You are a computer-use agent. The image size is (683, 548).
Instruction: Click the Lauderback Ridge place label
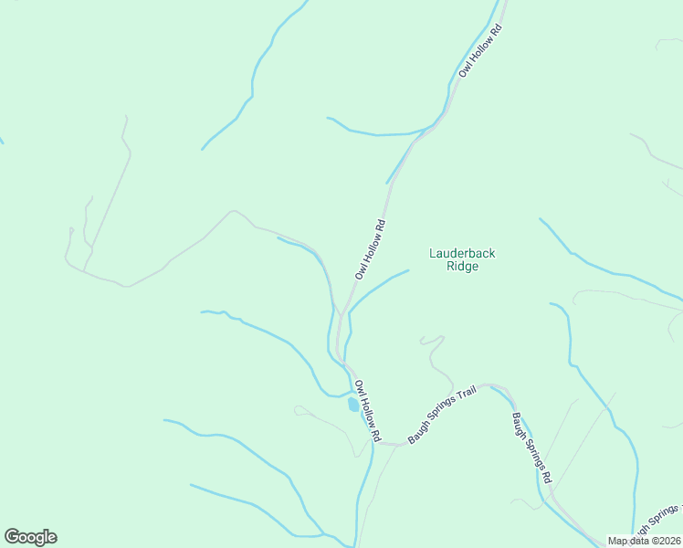(x=462, y=259)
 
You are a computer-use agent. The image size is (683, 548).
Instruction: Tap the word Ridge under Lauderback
(x=462, y=266)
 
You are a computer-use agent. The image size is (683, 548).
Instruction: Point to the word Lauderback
(x=462, y=253)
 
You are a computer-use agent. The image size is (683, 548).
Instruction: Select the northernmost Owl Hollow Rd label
(x=481, y=49)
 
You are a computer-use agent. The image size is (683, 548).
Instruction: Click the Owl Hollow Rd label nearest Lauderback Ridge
(x=371, y=249)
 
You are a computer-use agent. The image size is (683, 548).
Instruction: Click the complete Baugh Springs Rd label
(x=531, y=448)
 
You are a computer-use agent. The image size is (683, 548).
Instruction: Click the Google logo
(x=30, y=537)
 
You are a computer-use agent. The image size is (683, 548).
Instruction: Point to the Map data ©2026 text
(x=645, y=541)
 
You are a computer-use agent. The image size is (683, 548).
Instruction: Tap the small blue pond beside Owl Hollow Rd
(x=353, y=404)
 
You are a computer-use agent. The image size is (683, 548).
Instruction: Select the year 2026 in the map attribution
(x=670, y=541)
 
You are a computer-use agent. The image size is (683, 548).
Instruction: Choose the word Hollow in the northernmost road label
(x=481, y=49)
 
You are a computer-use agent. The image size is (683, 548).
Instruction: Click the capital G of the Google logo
(x=13, y=536)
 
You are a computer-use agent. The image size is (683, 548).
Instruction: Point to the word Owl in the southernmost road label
(x=359, y=387)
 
